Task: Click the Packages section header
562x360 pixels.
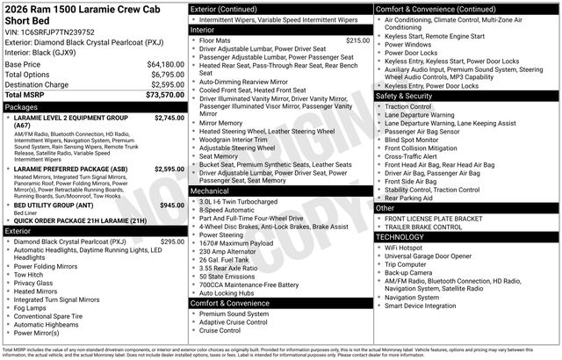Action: click(21, 107)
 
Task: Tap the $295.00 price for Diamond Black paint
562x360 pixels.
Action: click(171, 241)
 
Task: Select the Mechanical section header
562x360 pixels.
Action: click(210, 191)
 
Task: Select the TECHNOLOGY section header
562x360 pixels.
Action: click(406, 237)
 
